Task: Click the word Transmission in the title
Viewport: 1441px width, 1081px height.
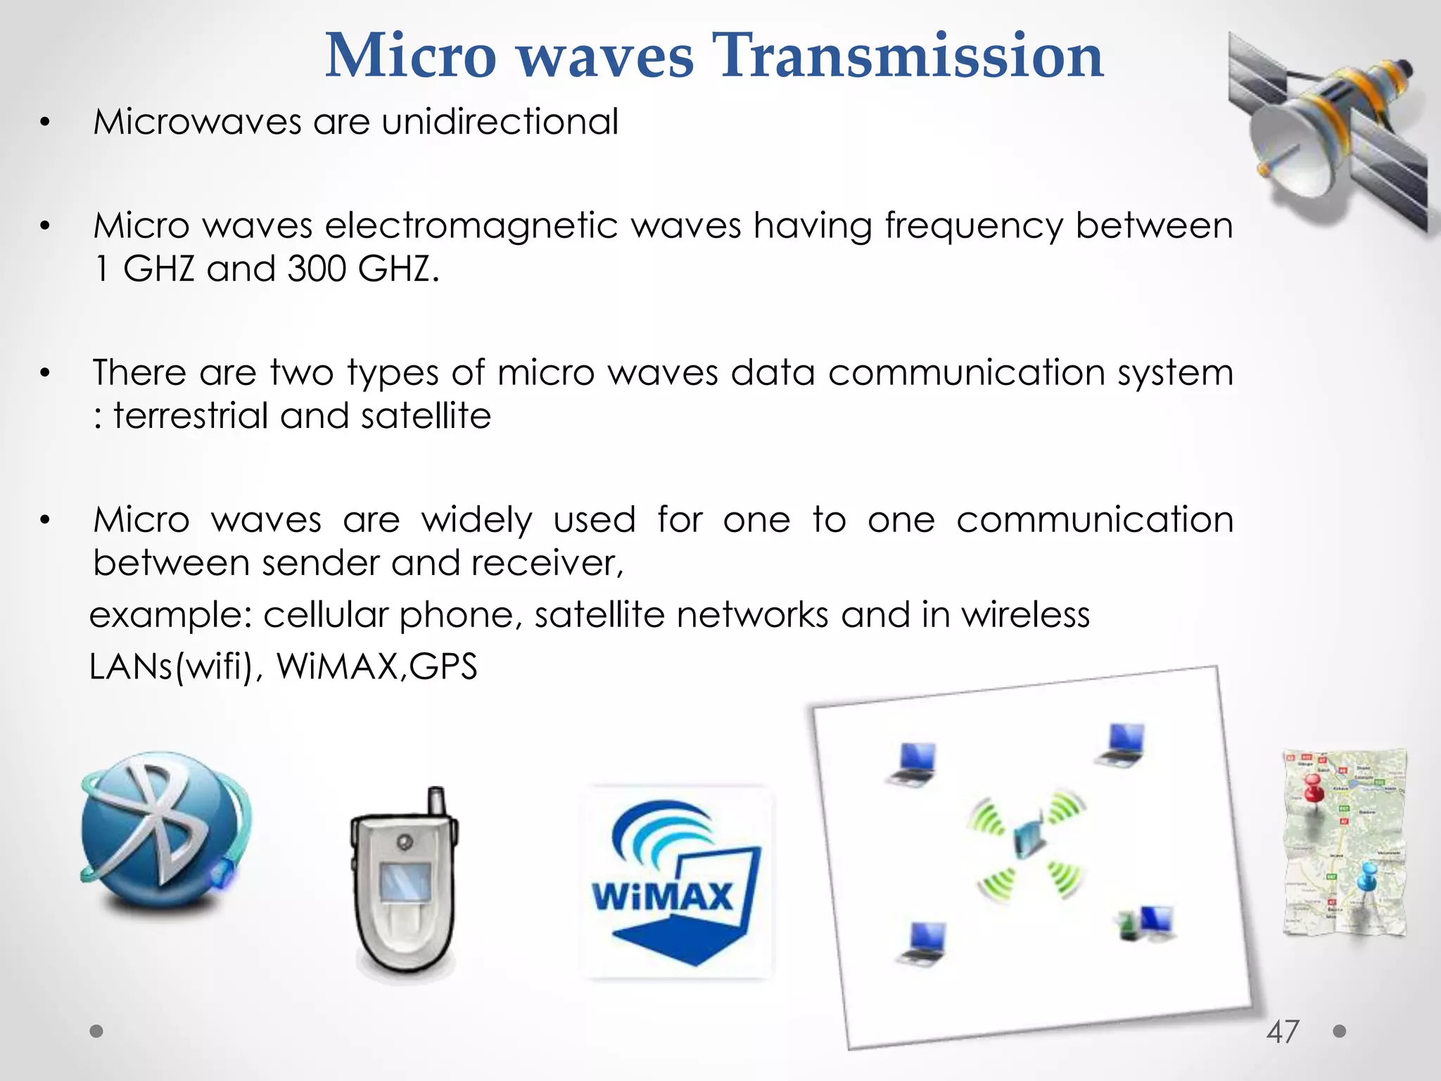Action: [x=908, y=56]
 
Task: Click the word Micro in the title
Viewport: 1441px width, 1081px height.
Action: [x=411, y=56]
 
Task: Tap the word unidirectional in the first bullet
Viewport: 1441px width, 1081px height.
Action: [x=500, y=122]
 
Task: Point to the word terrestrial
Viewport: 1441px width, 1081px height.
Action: [x=191, y=415]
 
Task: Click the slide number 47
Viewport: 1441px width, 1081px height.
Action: [x=1283, y=1032]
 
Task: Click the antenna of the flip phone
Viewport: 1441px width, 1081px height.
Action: [x=436, y=802]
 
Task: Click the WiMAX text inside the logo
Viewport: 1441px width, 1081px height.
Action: [x=663, y=897]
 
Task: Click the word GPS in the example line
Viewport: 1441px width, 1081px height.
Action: [x=443, y=666]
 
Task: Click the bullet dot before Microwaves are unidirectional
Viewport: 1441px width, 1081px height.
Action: [x=45, y=122]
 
